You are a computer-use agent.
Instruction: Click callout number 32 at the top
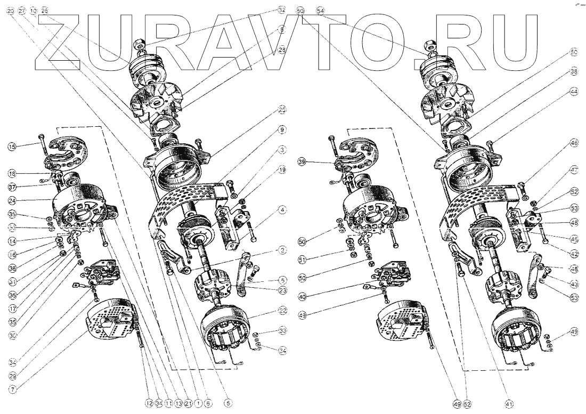282,10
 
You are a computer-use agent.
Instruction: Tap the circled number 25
282,110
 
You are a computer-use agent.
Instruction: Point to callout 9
282,129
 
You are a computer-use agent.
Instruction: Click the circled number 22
282,310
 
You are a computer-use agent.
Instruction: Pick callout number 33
282,330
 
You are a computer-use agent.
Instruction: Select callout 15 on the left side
12,145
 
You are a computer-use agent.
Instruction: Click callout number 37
12,186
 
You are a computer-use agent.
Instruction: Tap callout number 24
12,201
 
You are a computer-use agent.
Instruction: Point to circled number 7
12,389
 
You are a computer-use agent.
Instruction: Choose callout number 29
12,376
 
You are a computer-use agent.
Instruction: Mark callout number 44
574,92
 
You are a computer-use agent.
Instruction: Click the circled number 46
574,143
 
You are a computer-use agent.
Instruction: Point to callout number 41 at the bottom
509,404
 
